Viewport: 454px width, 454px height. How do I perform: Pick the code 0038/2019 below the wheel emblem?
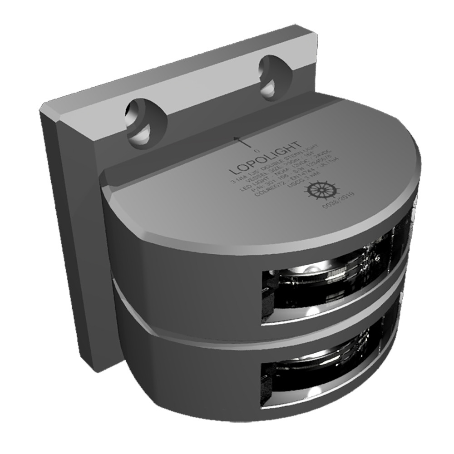[338, 200]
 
